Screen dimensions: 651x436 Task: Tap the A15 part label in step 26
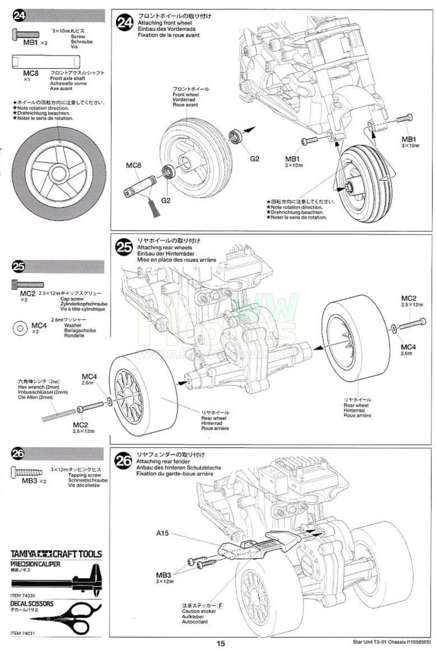pos(163,534)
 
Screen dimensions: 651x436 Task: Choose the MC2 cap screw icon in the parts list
pos(27,284)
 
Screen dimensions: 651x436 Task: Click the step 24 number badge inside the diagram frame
pos(125,23)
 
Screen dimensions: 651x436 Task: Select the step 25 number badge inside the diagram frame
pos(125,247)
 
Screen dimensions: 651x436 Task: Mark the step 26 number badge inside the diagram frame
pos(124,460)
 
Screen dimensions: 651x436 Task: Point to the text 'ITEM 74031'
pos(23,634)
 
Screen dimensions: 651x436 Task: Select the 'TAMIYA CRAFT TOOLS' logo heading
pos(56,554)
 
